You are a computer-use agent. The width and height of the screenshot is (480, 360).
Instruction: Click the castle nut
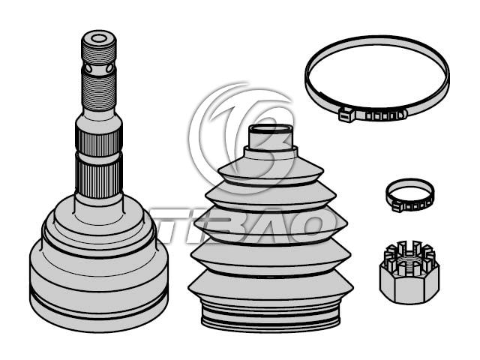click(409, 272)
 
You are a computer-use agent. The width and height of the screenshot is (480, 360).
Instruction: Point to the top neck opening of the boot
click(271, 129)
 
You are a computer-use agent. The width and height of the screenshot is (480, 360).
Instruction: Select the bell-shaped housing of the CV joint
click(98, 263)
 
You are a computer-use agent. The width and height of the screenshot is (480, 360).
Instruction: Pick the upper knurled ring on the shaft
click(98, 142)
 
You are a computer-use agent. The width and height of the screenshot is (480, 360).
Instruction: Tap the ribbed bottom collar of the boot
click(271, 315)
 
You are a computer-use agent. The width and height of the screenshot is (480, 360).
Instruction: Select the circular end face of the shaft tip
click(98, 38)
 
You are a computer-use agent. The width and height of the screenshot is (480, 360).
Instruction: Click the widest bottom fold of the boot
click(271, 285)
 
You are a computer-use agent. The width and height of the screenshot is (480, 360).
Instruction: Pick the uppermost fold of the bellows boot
click(271, 170)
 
